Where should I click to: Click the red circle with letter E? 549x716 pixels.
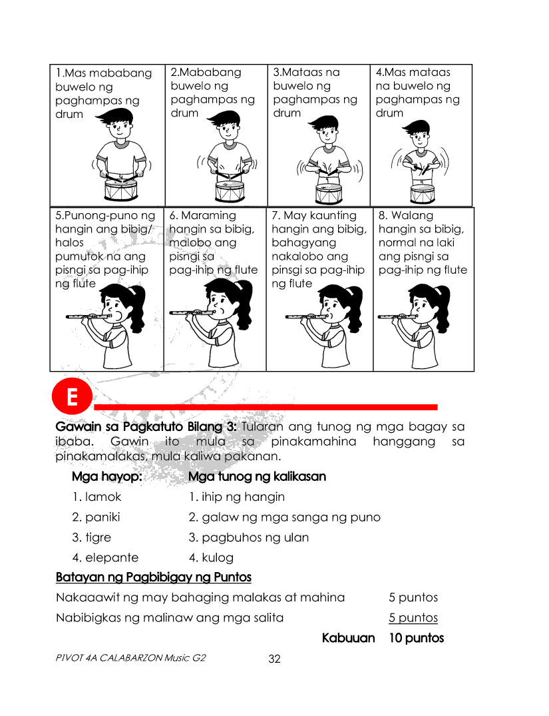[71, 398]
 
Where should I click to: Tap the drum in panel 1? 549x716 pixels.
[121, 190]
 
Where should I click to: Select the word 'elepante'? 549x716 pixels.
[112, 557]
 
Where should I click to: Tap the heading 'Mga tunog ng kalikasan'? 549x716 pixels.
[257, 477]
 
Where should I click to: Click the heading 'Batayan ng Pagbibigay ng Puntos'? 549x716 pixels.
[153, 577]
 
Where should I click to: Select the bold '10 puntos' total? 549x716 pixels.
[416, 638]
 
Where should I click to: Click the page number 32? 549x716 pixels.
[274, 659]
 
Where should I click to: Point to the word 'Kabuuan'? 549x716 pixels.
[348, 638]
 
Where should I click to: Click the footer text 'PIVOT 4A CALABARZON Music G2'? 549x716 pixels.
[131, 658]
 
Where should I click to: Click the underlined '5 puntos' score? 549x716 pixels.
[413, 617]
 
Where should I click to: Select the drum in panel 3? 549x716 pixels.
[329, 193]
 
